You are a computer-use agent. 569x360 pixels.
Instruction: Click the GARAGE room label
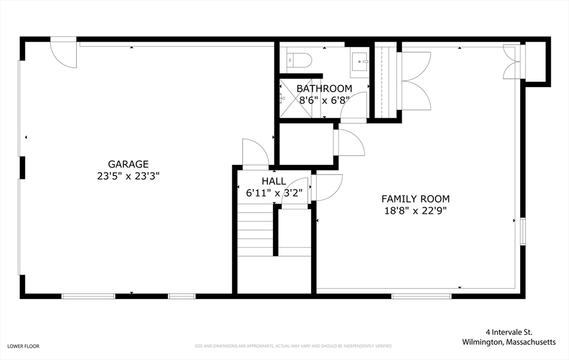pos(128,164)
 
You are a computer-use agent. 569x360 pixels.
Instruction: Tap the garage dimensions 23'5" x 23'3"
pos(128,176)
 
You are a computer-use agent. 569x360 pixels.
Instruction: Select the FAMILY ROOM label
pos(416,199)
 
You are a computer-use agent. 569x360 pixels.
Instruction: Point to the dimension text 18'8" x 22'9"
pos(416,211)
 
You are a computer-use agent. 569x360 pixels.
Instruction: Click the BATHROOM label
pos(325,88)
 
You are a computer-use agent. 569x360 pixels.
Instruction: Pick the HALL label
pos(274,181)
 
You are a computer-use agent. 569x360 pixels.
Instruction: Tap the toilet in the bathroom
pos(299,60)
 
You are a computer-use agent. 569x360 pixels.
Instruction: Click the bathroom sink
pos(360,62)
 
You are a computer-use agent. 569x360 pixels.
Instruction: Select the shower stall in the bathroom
pos(296,98)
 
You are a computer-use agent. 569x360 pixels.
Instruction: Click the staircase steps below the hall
pos(256,229)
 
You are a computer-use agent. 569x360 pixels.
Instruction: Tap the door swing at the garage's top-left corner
pos(63,53)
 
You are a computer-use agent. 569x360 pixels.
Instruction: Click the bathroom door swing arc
pos(354,105)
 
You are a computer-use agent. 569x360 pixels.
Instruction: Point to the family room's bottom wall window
pos(421,297)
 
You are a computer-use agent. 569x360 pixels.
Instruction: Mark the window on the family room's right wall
pos(523,231)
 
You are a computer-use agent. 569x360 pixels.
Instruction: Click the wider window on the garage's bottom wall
pos(88,297)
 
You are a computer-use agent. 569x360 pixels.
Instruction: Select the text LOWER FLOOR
pos(23,346)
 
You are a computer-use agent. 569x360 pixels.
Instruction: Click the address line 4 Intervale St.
pos(509,332)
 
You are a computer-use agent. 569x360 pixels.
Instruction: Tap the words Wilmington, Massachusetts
pos(509,342)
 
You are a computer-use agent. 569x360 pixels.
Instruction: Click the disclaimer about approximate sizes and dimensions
pos(293,346)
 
